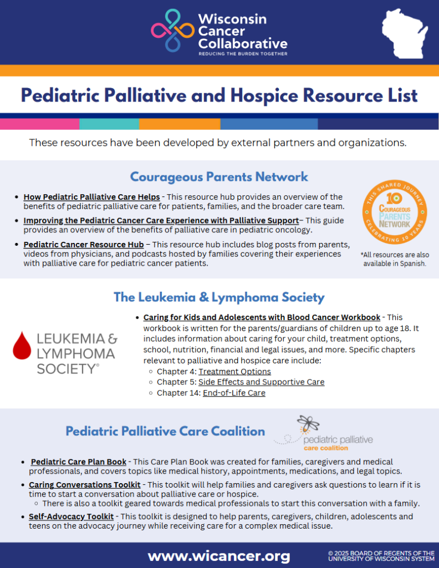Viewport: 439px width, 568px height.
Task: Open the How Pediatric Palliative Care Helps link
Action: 91,197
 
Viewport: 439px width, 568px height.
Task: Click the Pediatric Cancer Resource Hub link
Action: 83,244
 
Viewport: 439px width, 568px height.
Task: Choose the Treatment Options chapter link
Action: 234,372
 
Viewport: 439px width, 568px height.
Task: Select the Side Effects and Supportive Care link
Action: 261,382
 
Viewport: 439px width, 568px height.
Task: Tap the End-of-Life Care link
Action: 233,393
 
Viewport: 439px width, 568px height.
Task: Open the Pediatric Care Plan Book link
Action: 79,461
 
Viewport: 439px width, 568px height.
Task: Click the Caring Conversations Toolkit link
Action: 84,485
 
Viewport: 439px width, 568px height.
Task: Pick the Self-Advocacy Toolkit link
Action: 71,516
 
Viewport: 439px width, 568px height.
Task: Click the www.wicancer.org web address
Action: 218,555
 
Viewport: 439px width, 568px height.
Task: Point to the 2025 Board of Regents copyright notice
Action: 381,555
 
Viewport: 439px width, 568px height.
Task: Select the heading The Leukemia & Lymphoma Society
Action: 219,297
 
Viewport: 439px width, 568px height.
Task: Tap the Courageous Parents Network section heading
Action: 219,177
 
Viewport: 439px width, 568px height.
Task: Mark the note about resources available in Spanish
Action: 395,259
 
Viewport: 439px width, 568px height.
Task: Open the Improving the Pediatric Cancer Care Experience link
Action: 161,220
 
